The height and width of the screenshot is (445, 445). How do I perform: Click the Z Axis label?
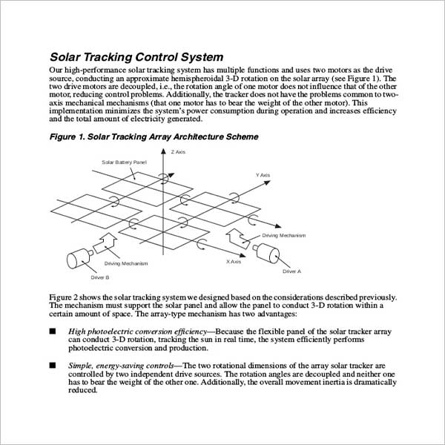(178, 152)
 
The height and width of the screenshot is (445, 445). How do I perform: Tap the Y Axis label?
(263, 175)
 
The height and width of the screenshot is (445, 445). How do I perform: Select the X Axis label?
(234, 262)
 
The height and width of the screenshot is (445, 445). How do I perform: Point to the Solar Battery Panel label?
(125, 162)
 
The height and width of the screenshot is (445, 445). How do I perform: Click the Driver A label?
(291, 271)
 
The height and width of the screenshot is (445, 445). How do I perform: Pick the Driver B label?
(100, 277)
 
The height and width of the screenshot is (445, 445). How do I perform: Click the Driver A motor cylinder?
(266, 253)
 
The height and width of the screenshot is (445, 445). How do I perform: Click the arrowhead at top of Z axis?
(163, 151)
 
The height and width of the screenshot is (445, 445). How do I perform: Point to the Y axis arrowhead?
(267, 182)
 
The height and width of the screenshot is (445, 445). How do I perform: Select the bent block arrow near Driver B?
(105, 243)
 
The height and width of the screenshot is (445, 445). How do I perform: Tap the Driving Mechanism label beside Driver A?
(284, 236)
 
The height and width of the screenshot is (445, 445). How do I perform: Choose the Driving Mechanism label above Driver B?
(126, 263)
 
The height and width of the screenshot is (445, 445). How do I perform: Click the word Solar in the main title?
(65, 57)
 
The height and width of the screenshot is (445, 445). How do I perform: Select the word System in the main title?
(202, 57)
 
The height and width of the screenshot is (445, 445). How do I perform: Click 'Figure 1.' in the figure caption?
(67, 136)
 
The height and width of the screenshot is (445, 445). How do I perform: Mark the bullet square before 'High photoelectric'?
(53, 332)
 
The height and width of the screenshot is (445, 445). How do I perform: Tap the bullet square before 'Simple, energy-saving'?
(53, 365)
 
